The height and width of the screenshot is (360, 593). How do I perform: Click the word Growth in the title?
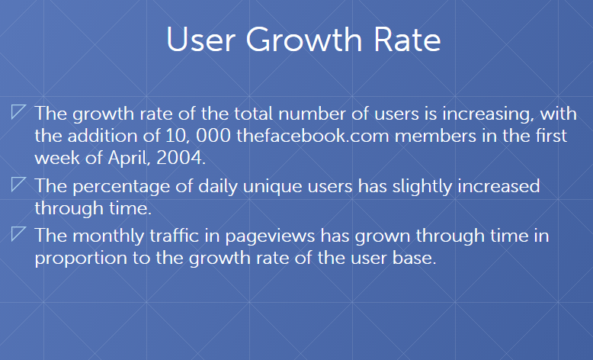point(304,40)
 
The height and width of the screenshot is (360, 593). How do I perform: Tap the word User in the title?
point(200,40)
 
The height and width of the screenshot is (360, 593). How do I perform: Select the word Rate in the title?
point(408,40)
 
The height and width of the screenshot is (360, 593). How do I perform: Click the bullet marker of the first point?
point(18,111)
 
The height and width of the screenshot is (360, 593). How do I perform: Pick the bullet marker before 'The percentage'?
point(18,184)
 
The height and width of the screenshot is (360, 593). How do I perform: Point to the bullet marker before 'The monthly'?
point(18,233)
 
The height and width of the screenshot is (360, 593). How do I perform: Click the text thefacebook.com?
point(313,136)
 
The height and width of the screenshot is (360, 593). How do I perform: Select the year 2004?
point(181,158)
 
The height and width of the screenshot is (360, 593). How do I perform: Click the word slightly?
point(422,187)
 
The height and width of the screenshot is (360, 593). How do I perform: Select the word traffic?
point(175,236)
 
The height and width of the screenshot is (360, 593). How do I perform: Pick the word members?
point(435,136)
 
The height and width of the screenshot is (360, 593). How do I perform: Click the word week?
point(56,158)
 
